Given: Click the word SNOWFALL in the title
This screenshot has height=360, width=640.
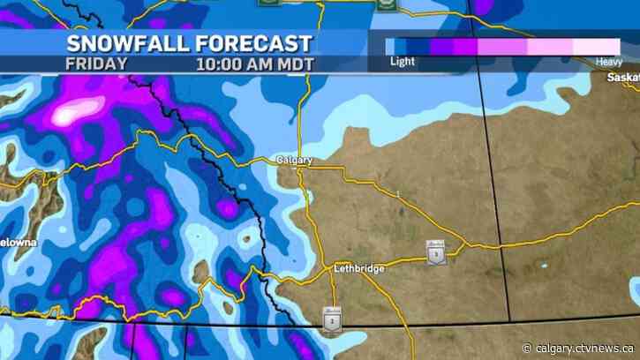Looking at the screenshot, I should coord(124,43).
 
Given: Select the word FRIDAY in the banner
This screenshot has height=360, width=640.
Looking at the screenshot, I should coord(96,64).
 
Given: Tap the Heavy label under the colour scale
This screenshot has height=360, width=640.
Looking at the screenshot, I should coord(608,62).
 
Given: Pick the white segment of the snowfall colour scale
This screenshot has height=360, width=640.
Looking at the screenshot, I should coord(596,47).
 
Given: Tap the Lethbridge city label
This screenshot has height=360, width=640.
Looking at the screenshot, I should coord(360,268).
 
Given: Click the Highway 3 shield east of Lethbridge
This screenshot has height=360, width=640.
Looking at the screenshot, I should coord(435,253).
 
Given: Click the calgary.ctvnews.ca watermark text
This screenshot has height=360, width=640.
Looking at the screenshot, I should coord(583,346).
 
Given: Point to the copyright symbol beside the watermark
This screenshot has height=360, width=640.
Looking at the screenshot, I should coord(528,346).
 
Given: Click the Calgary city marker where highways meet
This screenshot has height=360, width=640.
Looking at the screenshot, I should coord(302,168).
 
